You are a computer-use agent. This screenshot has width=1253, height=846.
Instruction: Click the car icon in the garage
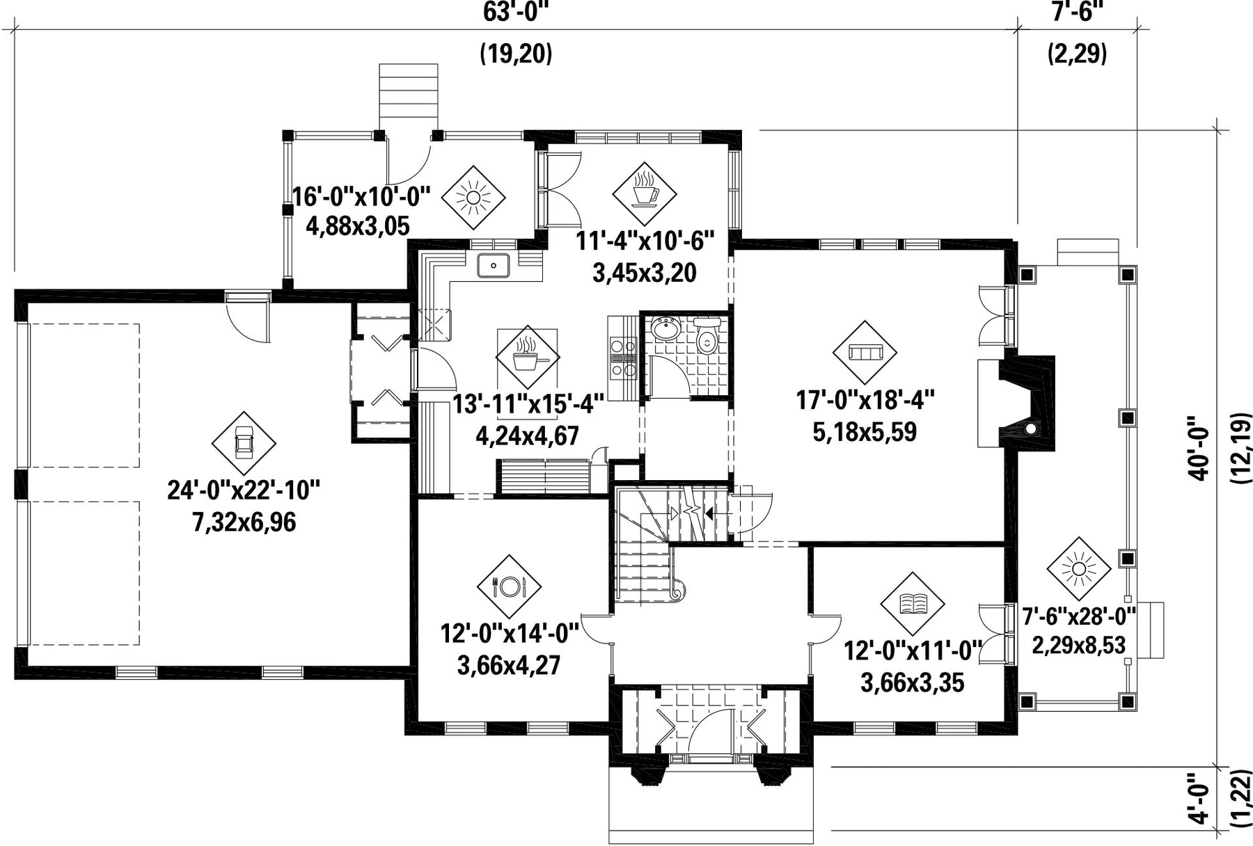click(244, 442)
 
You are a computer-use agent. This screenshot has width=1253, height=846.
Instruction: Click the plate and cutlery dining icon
click(509, 586)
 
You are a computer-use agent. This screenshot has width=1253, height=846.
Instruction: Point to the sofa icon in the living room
click(865, 353)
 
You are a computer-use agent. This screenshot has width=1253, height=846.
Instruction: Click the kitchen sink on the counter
click(494, 265)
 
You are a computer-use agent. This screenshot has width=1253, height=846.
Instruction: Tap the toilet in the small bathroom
click(707, 337)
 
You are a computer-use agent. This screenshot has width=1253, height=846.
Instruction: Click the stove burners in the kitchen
click(623, 358)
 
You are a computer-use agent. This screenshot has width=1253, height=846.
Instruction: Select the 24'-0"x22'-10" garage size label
click(244, 490)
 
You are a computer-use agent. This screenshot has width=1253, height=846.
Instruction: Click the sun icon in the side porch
click(1078, 569)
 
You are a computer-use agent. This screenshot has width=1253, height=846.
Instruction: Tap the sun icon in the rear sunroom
click(473, 198)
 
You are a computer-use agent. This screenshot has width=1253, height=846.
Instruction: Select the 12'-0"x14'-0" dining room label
click(510, 634)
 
